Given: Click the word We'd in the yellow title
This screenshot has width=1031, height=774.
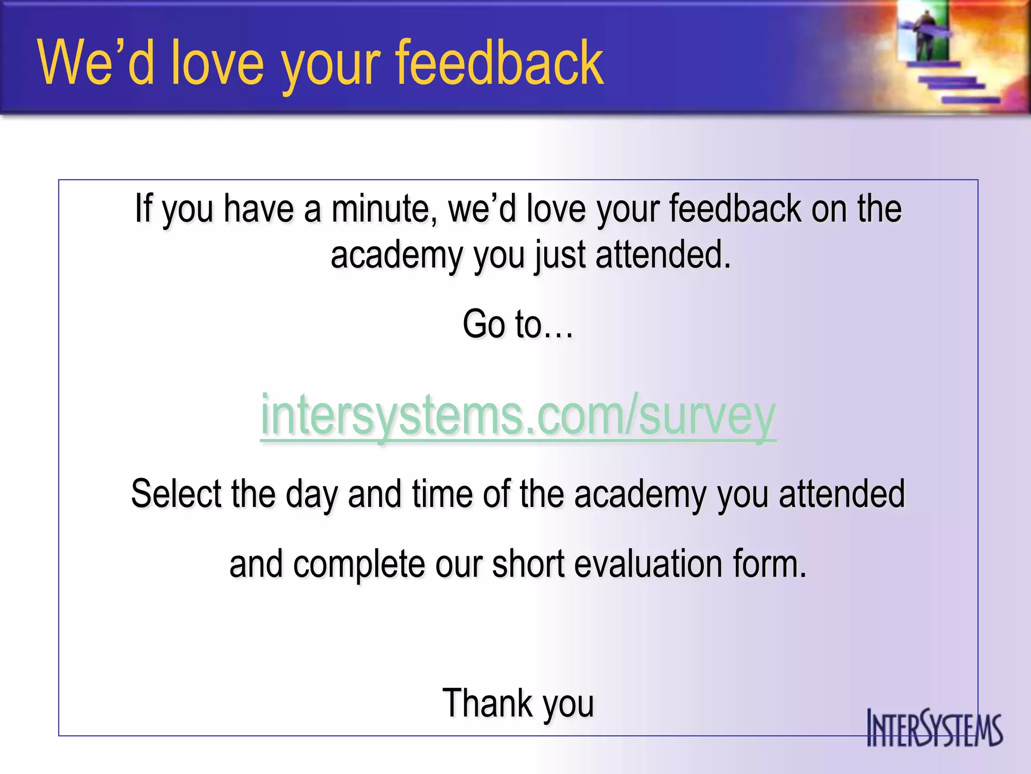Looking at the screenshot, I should click(96, 63).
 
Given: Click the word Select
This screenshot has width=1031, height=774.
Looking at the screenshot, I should click(176, 493).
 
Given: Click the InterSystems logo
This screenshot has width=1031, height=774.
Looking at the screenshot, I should click(934, 728).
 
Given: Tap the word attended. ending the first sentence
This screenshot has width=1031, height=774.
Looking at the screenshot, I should click(663, 255).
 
